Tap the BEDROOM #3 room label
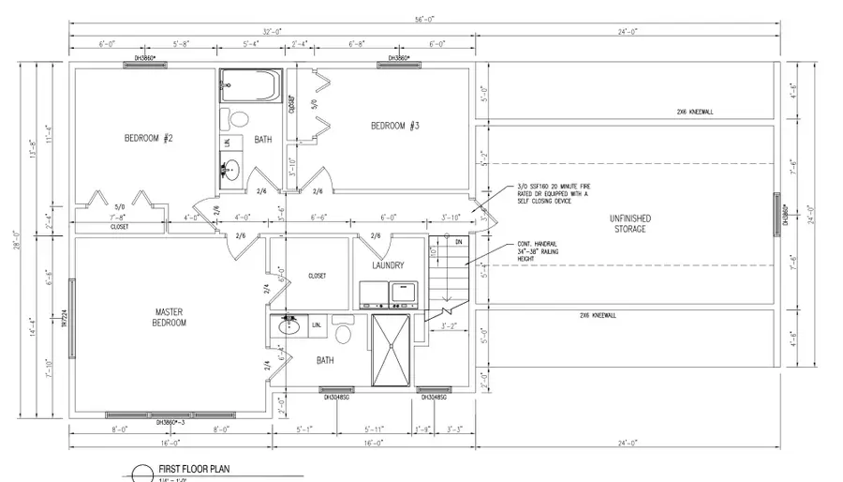[394, 127]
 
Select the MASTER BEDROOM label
[170, 317]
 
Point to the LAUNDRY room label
[387, 265]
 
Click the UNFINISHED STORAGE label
[629, 223]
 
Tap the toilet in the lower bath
[343, 333]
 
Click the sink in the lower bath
[289, 328]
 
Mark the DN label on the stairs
[458, 241]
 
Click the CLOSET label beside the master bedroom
[317, 277]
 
